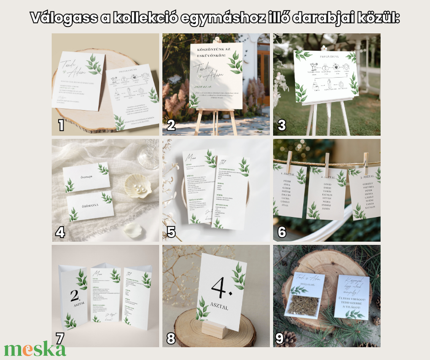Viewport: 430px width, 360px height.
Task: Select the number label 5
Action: coord(171,232)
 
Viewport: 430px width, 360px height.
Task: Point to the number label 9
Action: coord(279,338)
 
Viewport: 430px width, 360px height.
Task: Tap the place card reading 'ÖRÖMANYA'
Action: coord(90,205)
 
